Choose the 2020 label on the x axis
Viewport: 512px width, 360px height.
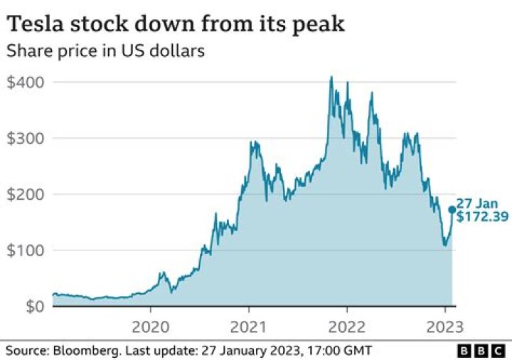(x=151, y=328)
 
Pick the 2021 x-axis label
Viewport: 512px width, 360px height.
(x=249, y=328)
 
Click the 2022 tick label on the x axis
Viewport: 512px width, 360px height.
(x=346, y=328)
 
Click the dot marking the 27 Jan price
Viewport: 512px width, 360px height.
(x=452, y=210)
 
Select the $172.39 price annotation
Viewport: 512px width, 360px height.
(x=482, y=217)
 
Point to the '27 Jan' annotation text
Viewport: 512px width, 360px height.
(x=473, y=203)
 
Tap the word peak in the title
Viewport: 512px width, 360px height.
(x=321, y=26)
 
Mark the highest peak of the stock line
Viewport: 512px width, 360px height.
(x=331, y=77)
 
